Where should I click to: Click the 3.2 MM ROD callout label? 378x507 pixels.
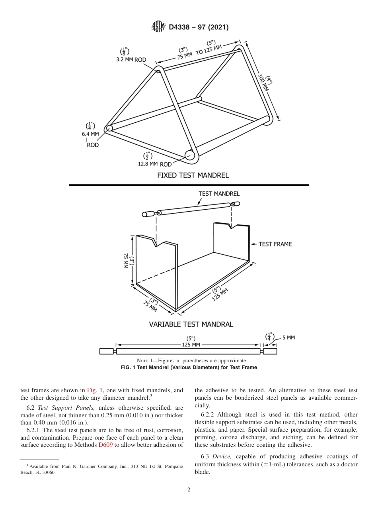point(131,60)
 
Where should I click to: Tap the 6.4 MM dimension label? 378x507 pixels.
point(90,134)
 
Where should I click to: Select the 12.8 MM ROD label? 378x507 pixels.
point(155,164)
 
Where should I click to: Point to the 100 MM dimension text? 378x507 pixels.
point(263,83)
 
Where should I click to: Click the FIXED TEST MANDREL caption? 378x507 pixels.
point(193,175)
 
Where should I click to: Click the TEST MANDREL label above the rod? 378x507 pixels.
point(219,194)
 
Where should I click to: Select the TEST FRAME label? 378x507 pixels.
point(275,244)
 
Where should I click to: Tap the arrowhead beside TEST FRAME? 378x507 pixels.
point(253,244)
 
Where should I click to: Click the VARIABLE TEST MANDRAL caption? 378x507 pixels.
point(191,324)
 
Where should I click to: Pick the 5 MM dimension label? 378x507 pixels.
point(288,338)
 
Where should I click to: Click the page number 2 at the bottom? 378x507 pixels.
point(189,490)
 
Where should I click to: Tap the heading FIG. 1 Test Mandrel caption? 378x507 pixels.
point(189,367)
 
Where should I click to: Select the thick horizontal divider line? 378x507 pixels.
point(189,185)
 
